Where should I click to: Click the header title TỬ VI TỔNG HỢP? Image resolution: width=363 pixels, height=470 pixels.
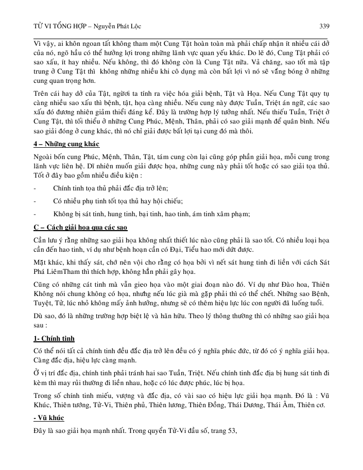click(x=55, y=25)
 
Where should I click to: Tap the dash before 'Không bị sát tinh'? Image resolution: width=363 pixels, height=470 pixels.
click(x=34, y=213)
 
